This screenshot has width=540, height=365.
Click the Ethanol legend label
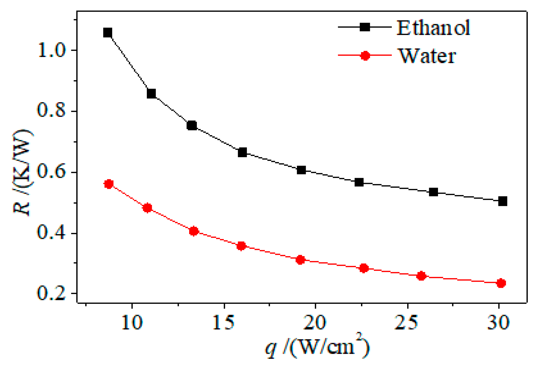pyautogui.click(x=433, y=28)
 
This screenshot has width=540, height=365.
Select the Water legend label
pyautogui.click(x=427, y=56)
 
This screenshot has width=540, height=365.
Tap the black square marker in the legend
pyautogui.click(x=365, y=27)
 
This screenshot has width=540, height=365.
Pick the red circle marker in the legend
pyautogui.click(x=365, y=56)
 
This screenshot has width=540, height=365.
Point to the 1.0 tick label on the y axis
pyautogui.click(x=51, y=51)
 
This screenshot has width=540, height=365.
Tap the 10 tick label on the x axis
pyautogui.click(x=132, y=322)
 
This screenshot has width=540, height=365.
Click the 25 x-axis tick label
pyautogui.click(x=406, y=322)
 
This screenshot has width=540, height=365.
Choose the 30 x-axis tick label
pyautogui.click(x=498, y=322)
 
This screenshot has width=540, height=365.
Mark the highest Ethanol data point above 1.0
pyautogui.click(x=108, y=33)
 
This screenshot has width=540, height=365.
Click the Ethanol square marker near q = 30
pyautogui.click(x=503, y=201)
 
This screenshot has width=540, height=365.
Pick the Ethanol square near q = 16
pyautogui.click(x=242, y=152)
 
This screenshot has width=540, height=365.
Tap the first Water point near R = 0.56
pyautogui.click(x=109, y=184)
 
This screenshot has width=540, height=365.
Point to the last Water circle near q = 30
pyautogui.click(x=501, y=283)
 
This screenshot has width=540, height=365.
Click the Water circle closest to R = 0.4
pyautogui.click(x=194, y=231)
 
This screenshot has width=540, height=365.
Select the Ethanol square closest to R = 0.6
pyautogui.click(x=301, y=170)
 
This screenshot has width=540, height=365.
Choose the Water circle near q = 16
pyautogui.click(x=241, y=246)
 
